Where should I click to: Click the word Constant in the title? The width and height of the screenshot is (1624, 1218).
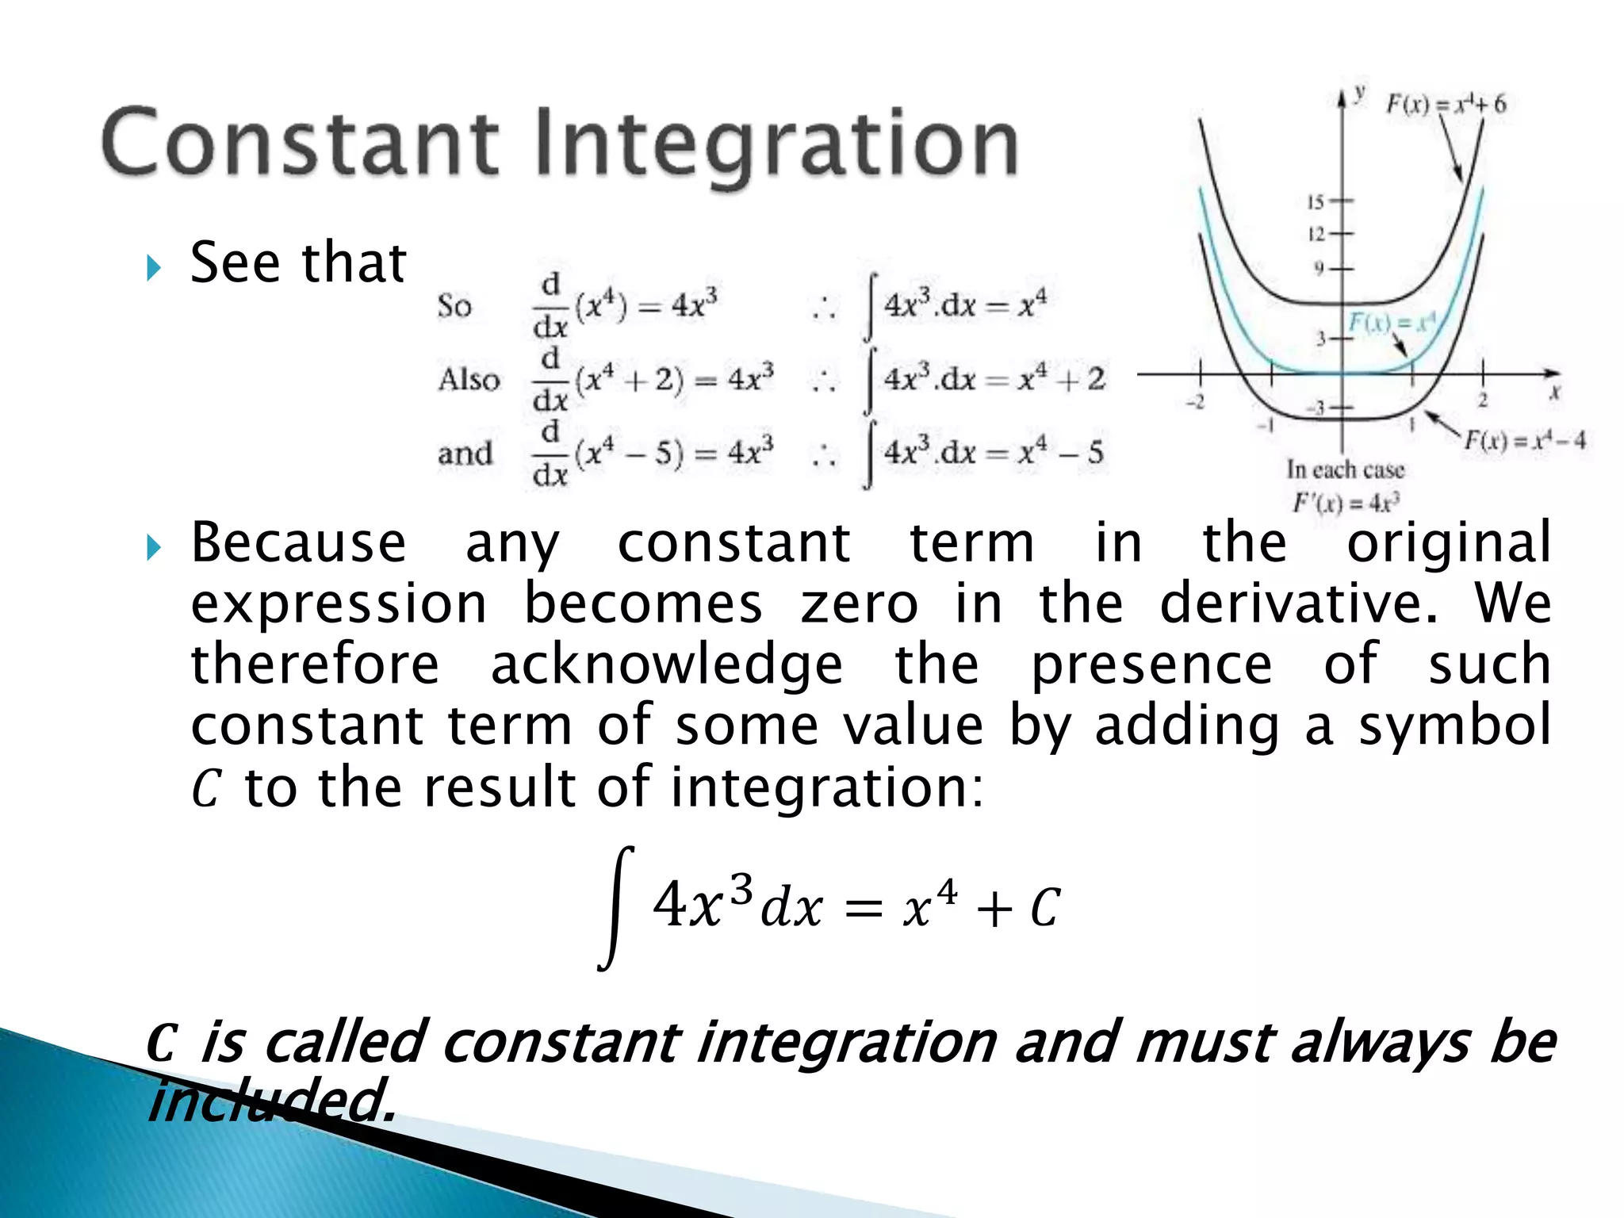tap(300, 143)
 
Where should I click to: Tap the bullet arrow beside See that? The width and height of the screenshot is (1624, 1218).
tap(154, 268)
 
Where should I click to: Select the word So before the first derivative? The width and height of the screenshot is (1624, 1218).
tap(454, 306)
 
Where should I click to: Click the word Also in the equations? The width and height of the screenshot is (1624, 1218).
tap(469, 379)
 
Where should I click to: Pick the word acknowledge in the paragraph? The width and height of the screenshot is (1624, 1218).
tap(666, 665)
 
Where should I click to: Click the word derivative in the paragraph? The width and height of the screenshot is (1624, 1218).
tap(1298, 603)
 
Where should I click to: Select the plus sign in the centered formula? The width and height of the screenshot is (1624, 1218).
tap(994, 910)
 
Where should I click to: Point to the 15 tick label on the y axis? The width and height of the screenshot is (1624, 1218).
tap(1316, 201)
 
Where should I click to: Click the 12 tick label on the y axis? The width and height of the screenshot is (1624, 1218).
tap(1316, 234)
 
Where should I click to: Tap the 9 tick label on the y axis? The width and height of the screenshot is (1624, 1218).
tap(1319, 269)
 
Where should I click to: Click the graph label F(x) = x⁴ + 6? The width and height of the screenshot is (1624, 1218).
tap(1445, 104)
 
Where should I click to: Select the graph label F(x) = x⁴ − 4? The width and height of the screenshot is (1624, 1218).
tap(1523, 440)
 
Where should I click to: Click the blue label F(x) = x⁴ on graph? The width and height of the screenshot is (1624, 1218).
tap(1392, 322)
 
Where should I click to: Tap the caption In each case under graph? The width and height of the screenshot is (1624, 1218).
tap(1345, 470)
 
